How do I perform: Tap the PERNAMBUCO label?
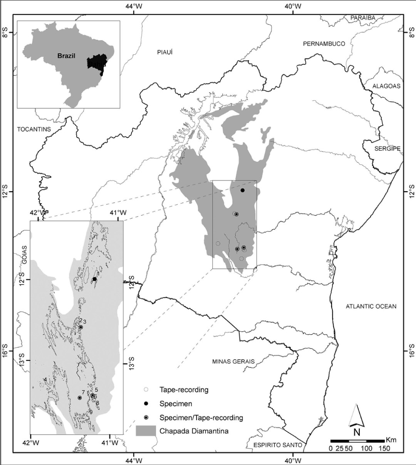pos(324,44)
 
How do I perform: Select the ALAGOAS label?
pos(386,86)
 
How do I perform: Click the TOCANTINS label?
pos(34,129)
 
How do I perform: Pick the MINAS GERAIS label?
pos(233,361)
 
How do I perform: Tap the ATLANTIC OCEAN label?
pos(371,307)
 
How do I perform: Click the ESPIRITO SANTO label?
pos(277,445)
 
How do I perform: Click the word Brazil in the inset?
pos(66,56)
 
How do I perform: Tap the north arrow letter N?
pos(357,431)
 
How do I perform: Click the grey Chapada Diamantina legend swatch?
pos(146,431)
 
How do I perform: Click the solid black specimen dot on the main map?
pos(243,190)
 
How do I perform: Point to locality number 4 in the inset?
pos(45,380)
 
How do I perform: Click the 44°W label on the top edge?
pos(133,6)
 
